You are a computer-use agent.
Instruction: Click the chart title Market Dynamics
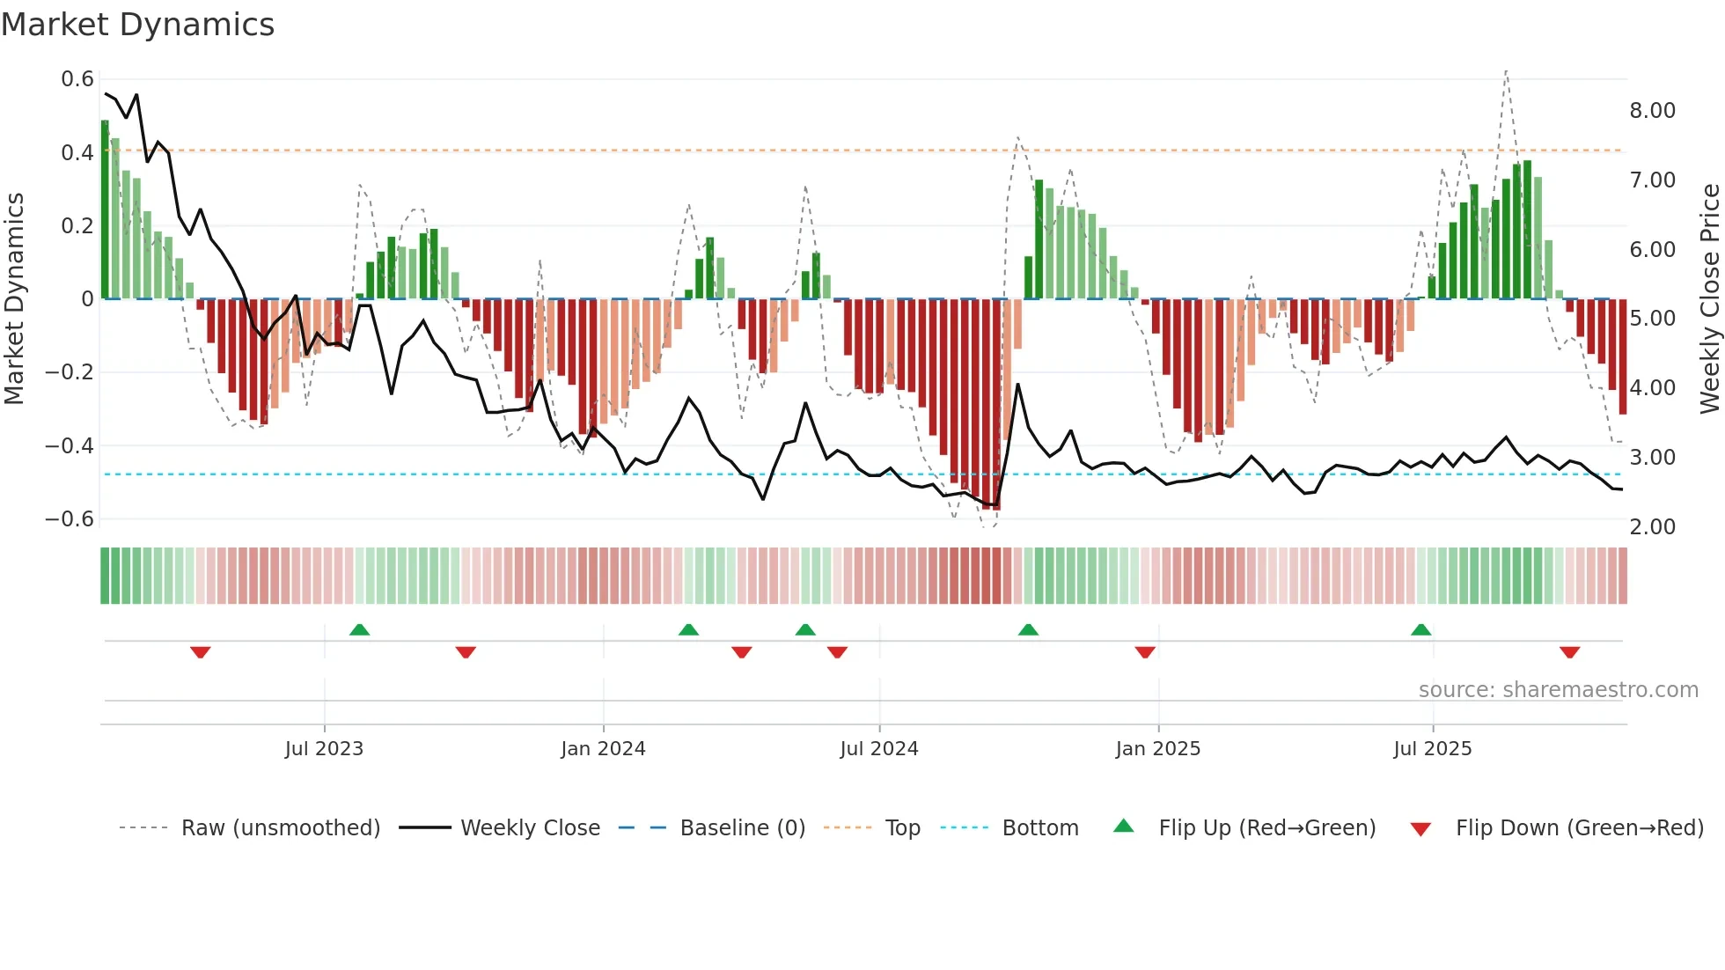coord(137,25)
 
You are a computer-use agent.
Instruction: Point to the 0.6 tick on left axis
coord(77,79)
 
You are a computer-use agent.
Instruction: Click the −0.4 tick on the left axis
coord(70,446)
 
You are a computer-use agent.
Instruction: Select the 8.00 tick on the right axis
coord(1652,111)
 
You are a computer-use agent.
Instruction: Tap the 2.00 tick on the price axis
coord(1652,527)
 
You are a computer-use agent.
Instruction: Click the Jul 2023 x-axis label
coord(324,749)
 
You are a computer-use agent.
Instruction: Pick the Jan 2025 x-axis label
coord(1157,749)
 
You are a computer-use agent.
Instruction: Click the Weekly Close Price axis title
coord(1709,298)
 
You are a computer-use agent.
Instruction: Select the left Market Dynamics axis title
coord(14,298)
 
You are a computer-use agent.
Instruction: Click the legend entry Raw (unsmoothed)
coord(280,828)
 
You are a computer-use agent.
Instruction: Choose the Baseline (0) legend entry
coord(742,828)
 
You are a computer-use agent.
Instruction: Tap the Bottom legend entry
coord(1039,828)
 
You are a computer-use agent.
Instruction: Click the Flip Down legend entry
coord(1579,828)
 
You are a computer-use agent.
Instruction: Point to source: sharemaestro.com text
coord(1558,690)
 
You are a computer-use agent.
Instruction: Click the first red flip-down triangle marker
coord(201,652)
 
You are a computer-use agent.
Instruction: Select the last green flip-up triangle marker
coord(1420,629)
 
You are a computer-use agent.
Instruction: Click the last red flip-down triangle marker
coord(1569,652)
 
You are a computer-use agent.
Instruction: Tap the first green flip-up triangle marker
coord(359,629)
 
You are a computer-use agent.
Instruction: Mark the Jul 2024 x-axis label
coord(878,749)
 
